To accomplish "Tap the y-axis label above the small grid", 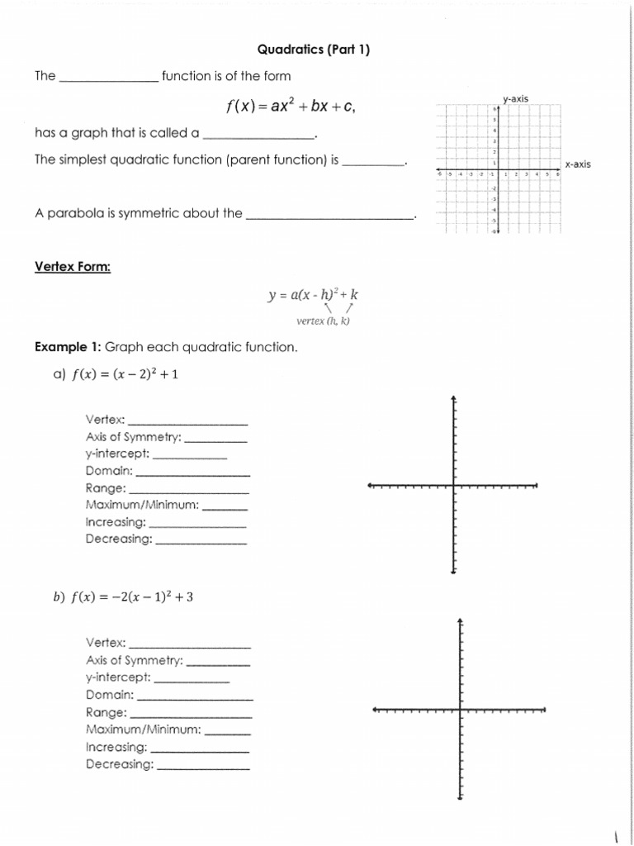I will point(515,99).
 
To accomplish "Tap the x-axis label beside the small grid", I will point(577,164).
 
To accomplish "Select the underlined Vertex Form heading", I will point(73,267).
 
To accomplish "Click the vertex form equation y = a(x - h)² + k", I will point(314,294).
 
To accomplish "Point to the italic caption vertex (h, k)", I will point(323,321).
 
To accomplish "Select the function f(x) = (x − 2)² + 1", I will point(125,374).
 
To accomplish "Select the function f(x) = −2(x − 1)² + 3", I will point(132,599).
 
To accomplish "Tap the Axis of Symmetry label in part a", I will point(134,437).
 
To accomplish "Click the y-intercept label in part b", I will point(118,677).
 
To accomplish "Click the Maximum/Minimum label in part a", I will point(142,505).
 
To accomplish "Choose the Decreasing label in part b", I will point(120,764).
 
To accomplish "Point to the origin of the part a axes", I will point(453,486).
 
